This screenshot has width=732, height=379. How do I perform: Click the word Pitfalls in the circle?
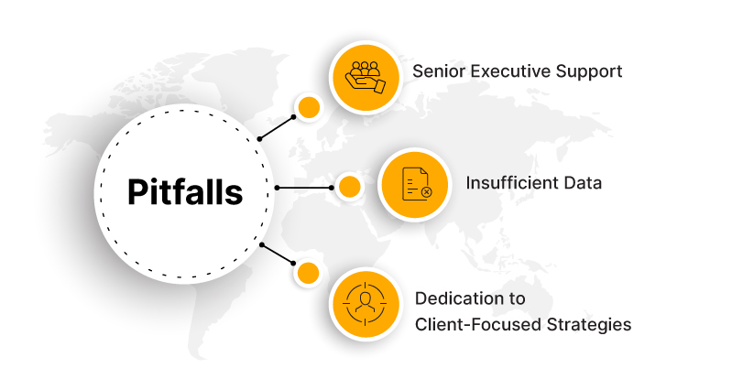pos(185,192)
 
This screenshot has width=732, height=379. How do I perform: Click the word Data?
pos(583,182)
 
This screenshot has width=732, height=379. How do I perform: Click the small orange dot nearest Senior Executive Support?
pos(309,106)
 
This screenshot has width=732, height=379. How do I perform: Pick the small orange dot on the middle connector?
pos(349,187)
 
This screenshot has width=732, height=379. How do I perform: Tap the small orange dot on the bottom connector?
pos(309,272)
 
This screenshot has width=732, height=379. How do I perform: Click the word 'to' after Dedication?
pos(517,298)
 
